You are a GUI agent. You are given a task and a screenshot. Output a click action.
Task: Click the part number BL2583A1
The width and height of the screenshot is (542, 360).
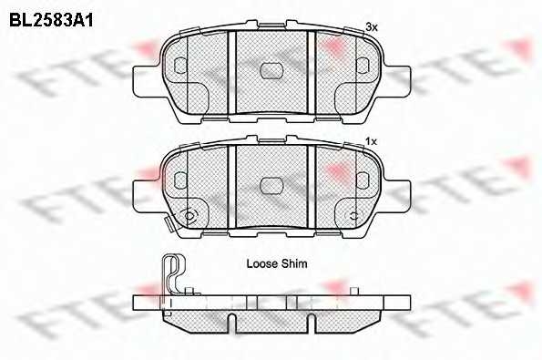click(x=51, y=20)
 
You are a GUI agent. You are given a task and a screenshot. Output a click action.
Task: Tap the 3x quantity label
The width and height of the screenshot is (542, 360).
click(x=372, y=27)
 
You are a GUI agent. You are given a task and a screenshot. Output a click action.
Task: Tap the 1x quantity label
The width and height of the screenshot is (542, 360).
click(x=372, y=141)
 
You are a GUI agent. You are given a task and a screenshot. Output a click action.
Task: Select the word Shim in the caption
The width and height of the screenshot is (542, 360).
click(x=293, y=264)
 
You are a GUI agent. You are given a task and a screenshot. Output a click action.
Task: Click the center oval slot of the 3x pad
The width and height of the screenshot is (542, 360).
click(x=271, y=71)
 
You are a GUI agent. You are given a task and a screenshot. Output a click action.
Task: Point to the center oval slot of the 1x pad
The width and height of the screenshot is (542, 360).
click(x=271, y=186)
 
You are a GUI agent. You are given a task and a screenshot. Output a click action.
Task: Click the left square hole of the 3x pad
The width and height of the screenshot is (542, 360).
click(x=180, y=66)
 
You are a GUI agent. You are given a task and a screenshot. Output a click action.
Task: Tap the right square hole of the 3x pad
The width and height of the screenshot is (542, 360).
click(x=363, y=66)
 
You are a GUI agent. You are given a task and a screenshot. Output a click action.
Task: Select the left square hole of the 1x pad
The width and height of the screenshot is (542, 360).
click(x=180, y=180)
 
